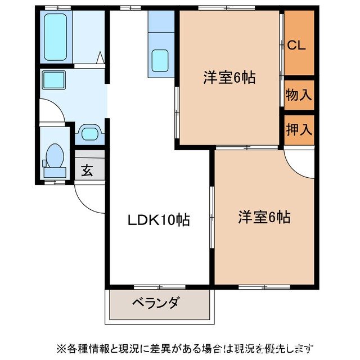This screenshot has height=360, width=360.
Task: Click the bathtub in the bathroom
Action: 56,37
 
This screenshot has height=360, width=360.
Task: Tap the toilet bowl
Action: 56,155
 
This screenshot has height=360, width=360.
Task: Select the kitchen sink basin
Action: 160,60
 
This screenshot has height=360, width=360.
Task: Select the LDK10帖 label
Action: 158,220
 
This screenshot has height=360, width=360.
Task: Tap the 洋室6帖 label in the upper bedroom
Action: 229,78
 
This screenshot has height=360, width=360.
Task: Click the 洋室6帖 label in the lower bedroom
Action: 264,217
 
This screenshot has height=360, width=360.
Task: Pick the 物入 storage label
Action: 298,94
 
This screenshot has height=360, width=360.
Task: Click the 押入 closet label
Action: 298,130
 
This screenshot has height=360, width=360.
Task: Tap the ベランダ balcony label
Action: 156,303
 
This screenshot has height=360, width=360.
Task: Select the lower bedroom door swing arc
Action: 299,161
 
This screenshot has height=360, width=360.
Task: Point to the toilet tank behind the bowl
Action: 45,164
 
